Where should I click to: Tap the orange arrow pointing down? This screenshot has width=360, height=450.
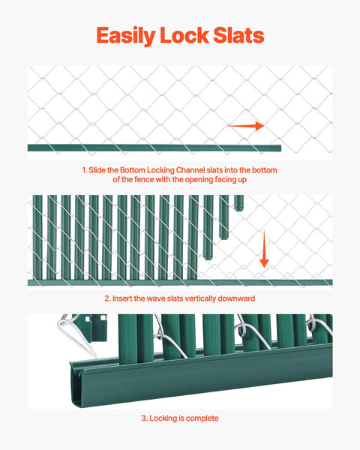pos(264,250)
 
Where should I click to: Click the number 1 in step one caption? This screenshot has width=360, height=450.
pos(84,170)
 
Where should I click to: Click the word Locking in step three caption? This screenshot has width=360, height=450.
pos(165,418)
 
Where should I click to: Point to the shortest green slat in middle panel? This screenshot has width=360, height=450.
pos(238,202)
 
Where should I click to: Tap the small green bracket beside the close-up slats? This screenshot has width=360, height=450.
pos(95,328)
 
